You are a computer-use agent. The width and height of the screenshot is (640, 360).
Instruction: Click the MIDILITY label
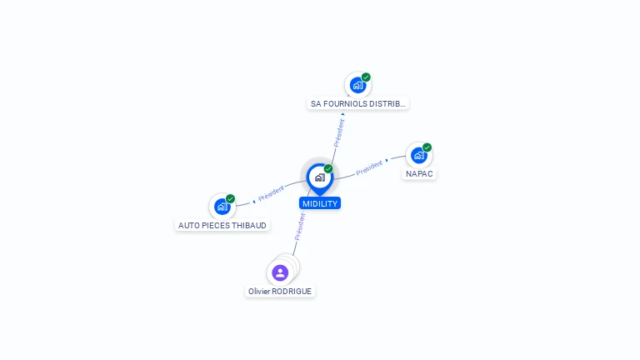pyautogui.click(x=320, y=203)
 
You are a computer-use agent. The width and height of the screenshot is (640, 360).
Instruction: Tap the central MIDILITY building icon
pyautogui.click(x=319, y=177)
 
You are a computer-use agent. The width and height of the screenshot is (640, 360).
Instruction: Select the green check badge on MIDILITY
pyautogui.click(x=328, y=168)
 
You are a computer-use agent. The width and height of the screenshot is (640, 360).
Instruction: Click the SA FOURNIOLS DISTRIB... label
pyautogui.click(x=357, y=104)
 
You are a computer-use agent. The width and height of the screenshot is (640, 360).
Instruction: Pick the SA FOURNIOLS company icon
pyautogui.click(x=357, y=85)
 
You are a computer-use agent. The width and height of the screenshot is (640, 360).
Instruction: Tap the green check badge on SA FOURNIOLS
pyautogui.click(x=366, y=77)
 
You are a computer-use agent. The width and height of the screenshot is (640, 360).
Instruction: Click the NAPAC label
pyautogui.click(x=419, y=174)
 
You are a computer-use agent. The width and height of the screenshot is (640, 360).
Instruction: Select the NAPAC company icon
pyautogui.click(x=418, y=155)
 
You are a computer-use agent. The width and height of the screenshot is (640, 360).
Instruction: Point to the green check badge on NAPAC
pyautogui.click(x=427, y=147)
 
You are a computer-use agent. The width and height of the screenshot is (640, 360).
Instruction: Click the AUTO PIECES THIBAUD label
pyautogui.click(x=222, y=225)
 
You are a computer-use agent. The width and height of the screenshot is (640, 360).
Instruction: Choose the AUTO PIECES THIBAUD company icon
pyautogui.click(x=222, y=206)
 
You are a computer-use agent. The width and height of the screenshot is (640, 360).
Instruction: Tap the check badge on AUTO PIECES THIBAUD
pyautogui.click(x=230, y=198)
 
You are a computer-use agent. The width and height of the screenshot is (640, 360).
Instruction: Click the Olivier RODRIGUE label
pyautogui.click(x=280, y=291)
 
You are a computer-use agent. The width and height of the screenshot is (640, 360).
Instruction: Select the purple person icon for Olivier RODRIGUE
pyautogui.click(x=280, y=272)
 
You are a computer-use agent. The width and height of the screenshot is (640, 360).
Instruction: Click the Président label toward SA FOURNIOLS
pyautogui.click(x=339, y=132)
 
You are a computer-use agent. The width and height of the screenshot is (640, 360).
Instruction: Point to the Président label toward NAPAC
pyautogui.click(x=369, y=167)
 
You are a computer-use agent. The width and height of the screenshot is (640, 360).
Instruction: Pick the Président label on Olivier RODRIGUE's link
pyautogui.click(x=299, y=226)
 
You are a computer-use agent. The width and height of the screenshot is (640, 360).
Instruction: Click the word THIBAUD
pyautogui.click(x=249, y=225)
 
